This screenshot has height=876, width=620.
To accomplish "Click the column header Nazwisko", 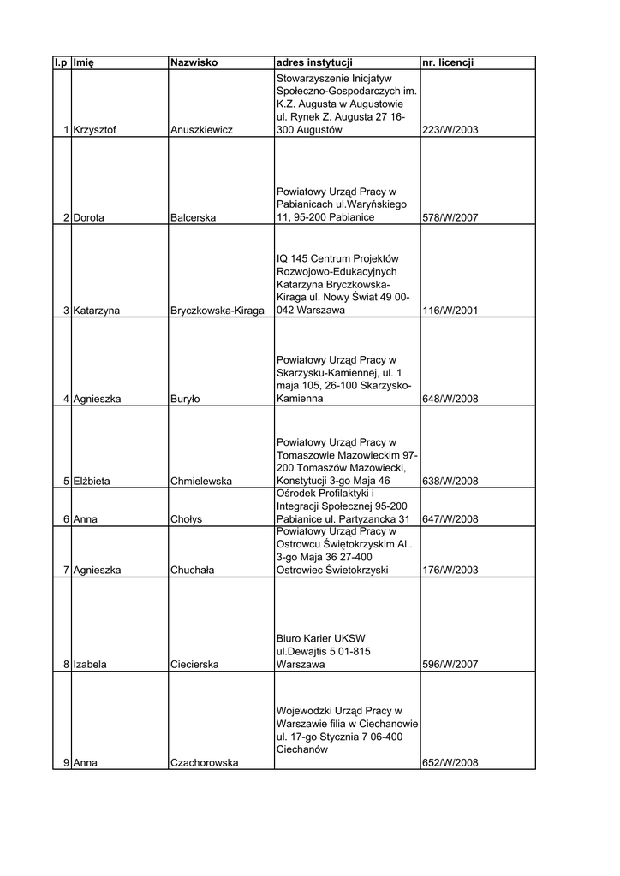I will (194, 62).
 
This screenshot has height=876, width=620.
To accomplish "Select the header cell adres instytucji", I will (314, 62).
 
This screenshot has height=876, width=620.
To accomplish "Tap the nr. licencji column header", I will (448, 62).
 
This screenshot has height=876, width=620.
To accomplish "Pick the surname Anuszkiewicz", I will (202, 130).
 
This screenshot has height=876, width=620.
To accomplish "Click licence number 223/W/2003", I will (450, 130).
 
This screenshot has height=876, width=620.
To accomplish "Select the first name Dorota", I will (89, 218).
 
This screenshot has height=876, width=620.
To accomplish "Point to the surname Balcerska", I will (194, 218).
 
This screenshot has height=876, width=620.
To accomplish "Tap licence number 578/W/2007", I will (450, 218).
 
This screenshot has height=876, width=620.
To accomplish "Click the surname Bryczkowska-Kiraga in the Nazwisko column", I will (218, 311).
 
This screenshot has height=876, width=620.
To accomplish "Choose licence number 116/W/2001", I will (450, 311).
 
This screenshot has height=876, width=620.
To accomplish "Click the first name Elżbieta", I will (92, 482).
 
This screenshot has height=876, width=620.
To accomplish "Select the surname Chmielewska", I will (201, 482).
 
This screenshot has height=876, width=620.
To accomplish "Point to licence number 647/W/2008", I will (450, 519).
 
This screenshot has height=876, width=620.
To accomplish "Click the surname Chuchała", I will (193, 570).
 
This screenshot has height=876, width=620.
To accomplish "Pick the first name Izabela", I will (90, 665).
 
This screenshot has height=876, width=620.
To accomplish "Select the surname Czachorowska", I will (205, 763).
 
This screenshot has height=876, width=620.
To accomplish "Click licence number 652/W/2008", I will (450, 763).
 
